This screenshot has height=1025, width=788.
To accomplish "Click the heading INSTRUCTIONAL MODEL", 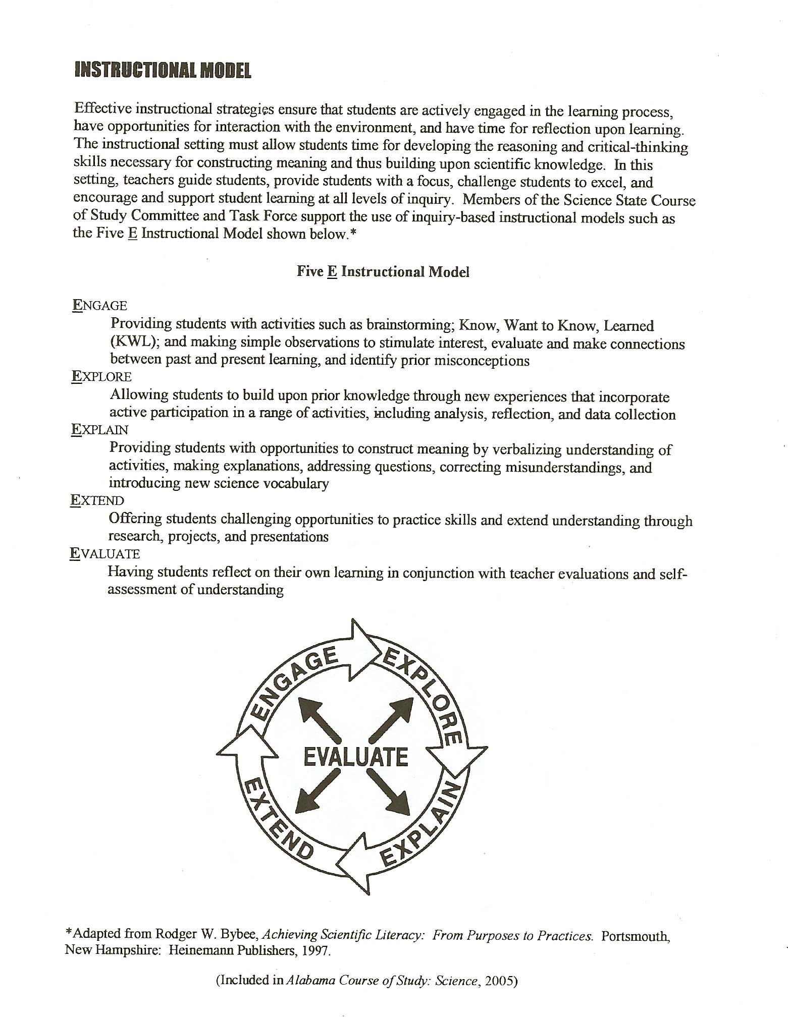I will [x=163, y=70].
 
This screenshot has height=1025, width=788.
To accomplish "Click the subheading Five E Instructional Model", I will [x=383, y=272].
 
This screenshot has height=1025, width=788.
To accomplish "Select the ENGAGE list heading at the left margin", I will [x=99, y=305].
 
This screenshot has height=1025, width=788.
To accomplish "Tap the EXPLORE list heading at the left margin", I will [x=101, y=377].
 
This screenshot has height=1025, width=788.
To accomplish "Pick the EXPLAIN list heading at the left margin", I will [x=100, y=430].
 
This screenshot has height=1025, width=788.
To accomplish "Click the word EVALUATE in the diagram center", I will [x=356, y=757].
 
